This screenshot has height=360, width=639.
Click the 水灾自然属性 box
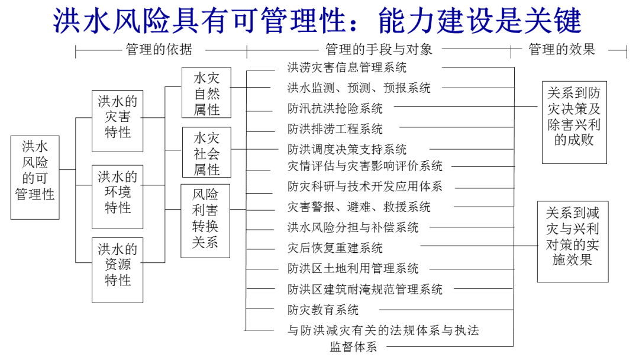click(206, 93)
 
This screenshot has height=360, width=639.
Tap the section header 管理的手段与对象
click(379, 50)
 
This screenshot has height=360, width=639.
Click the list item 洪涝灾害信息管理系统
click(347, 68)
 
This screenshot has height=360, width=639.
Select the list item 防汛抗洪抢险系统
click(335, 108)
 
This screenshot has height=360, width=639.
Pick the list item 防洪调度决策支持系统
click(347, 149)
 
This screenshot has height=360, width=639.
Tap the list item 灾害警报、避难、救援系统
click(359, 207)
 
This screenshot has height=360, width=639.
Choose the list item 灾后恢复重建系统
click(335, 247)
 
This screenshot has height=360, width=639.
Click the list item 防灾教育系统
click(323, 310)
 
